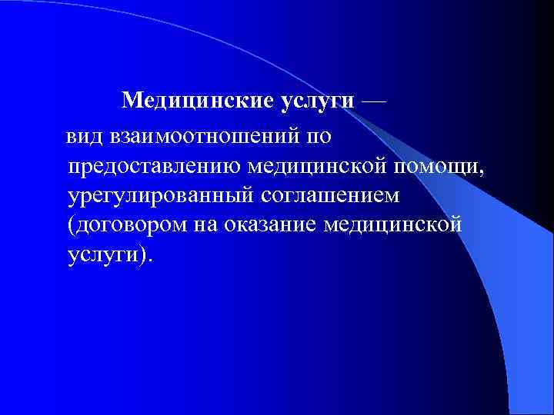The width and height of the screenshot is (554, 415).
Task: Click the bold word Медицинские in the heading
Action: [183, 100]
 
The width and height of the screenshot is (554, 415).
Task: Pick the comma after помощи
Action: [484, 172]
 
